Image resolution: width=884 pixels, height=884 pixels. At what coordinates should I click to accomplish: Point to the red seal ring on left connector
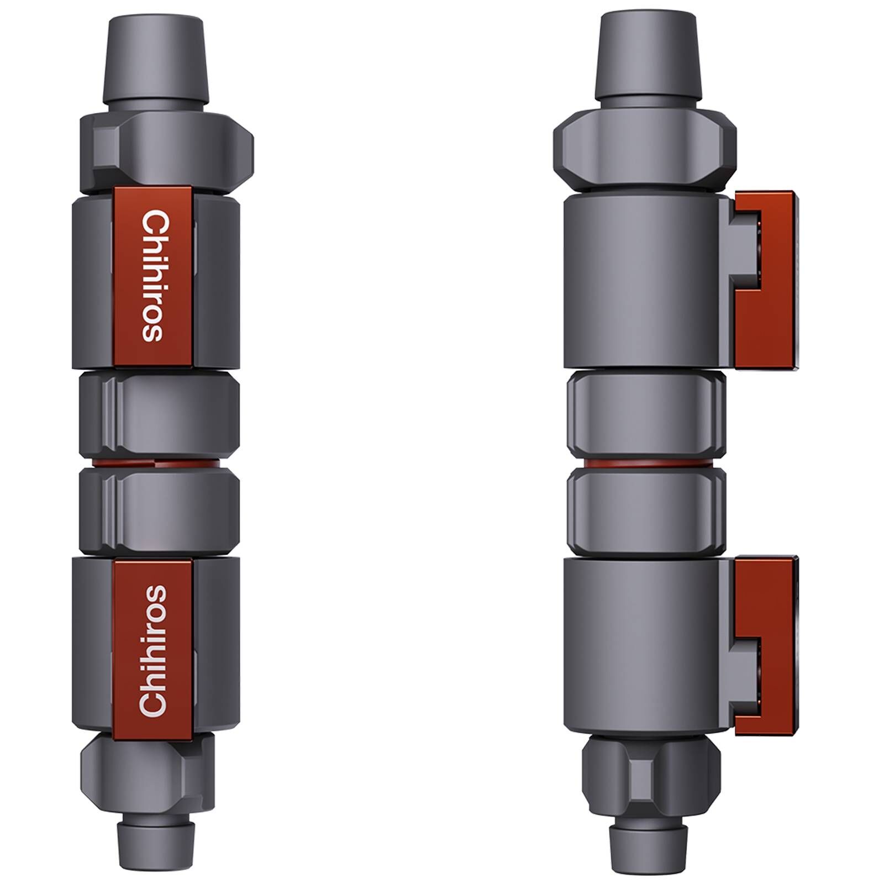tap(159, 462)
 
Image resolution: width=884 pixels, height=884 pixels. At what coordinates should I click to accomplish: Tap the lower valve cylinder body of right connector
tap(641, 643)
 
